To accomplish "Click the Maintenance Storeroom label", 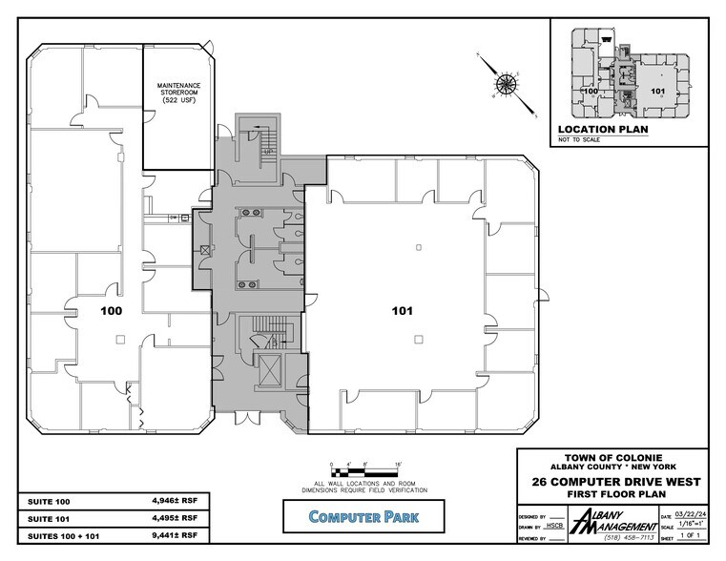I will tap(175, 93).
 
